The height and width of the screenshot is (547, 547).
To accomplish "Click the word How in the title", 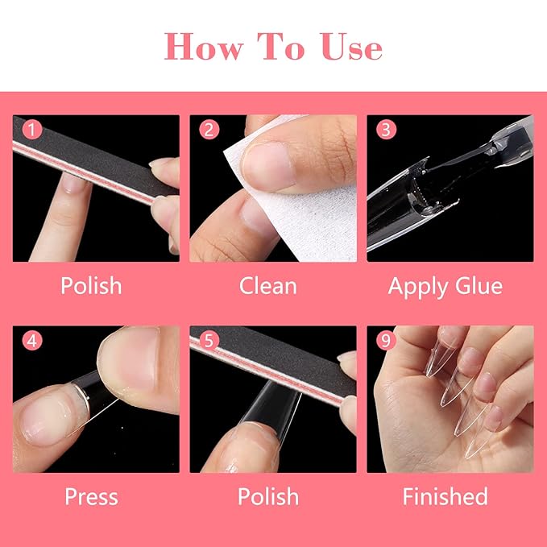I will coord(203,47).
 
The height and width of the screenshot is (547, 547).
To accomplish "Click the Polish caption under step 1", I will coord(91,286).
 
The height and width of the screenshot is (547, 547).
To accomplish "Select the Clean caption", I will coord(268,286).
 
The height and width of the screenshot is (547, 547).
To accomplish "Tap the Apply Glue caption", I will coord(445,286).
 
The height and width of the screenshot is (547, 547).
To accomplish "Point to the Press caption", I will coord(91,496).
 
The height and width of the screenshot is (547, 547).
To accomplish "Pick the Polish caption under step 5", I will coord(268,496).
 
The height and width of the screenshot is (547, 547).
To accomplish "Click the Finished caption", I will coord(445,496).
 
